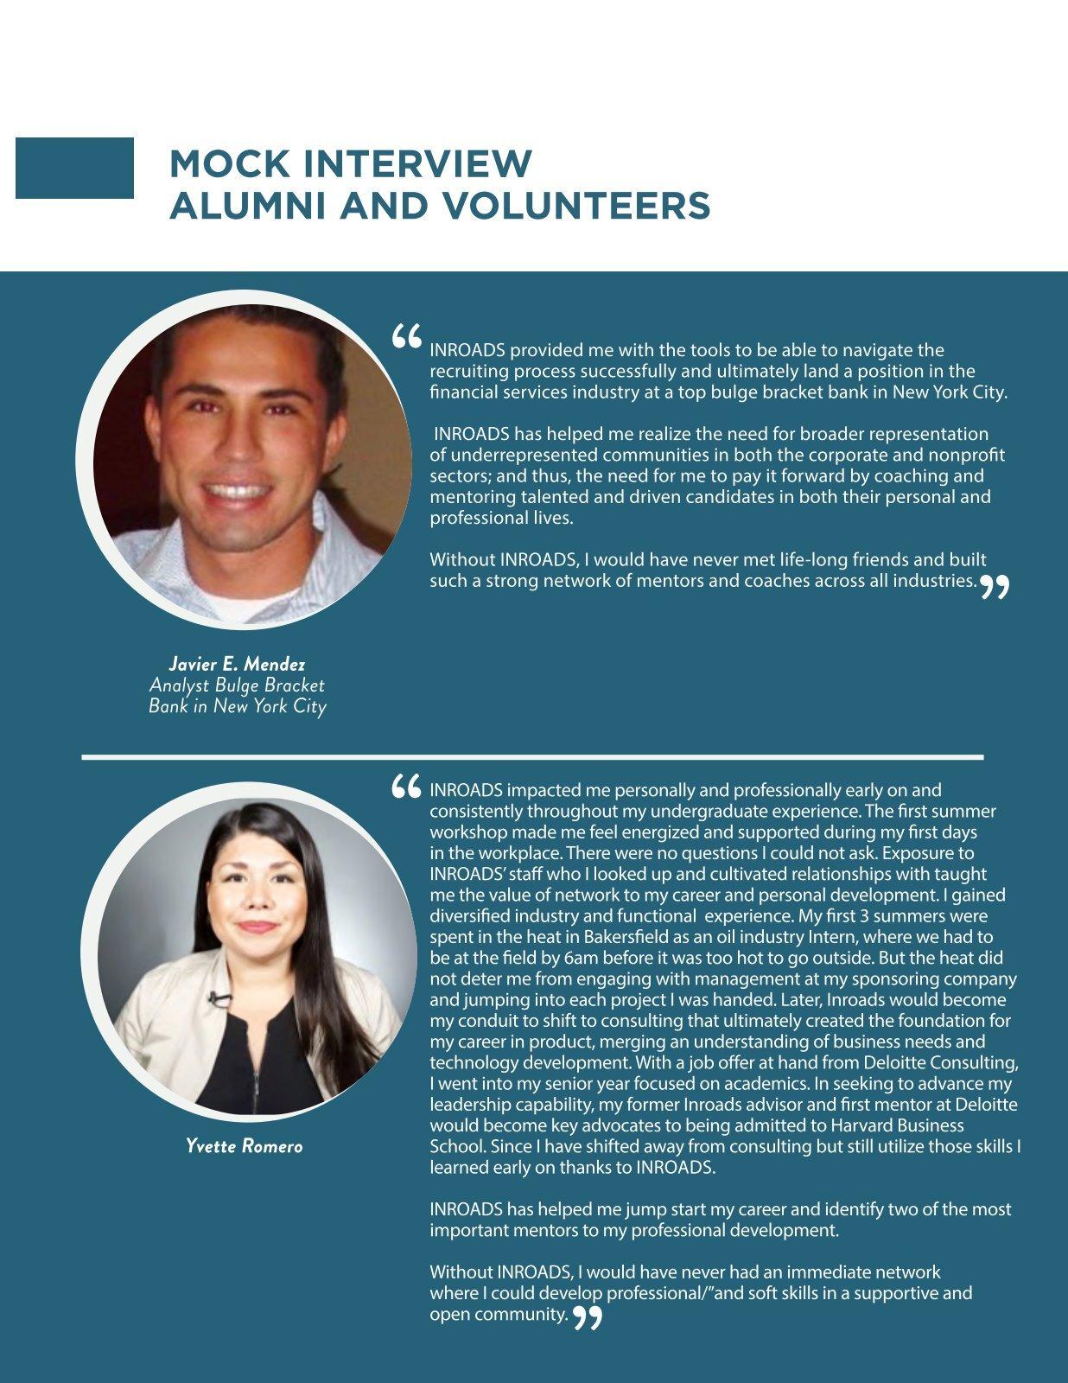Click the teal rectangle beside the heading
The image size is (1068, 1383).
(74, 168)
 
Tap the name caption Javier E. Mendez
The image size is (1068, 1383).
(237, 664)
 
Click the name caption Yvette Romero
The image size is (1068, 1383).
(245, 1146)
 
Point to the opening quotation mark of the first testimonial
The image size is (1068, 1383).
(406, 336)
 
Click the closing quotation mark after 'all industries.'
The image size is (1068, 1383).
(994, 588)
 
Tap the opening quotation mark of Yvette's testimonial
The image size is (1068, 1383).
(406, 787)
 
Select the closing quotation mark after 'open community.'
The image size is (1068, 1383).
(588, 1318)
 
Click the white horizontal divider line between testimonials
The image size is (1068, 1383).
(532, 757)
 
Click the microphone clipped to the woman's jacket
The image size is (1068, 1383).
(219, 999)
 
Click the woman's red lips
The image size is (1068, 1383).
(256, 927)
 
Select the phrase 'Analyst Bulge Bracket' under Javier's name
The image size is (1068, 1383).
(237, 685)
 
